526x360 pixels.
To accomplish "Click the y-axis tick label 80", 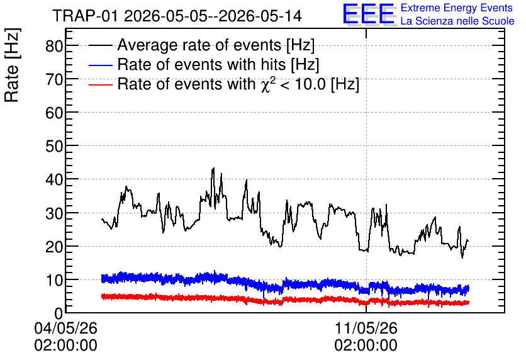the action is (x=54, y=46).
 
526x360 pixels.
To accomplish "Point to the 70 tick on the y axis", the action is (x=54, y=80).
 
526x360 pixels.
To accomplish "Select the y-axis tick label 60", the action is (x=54, y=113).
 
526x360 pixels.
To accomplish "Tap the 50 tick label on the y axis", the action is (x=54, y=147).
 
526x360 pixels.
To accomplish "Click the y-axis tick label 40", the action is (x=54, y=180).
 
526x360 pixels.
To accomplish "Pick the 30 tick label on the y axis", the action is (x=54, y=213).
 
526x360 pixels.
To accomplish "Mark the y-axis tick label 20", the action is (x=54, y=247).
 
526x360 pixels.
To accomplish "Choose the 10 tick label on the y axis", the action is (x=54, y=280).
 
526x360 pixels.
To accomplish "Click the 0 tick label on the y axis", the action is (x=59, y=313).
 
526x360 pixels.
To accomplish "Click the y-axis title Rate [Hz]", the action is (x=12, y=65).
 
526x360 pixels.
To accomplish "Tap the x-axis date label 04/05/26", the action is (x=65, y=328).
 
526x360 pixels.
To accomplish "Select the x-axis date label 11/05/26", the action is (x=366, y=328).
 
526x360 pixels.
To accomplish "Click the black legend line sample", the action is (x=100, y=45).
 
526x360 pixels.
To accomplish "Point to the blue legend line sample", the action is (x=100, y=65).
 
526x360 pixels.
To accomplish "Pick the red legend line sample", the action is (x=100, y=84).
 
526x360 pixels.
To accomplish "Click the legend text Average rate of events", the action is (x=199, y=45).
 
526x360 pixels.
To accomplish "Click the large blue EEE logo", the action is (x=369, y=14).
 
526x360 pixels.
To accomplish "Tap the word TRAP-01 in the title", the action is (x=86, y=16).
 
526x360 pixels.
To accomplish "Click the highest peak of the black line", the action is (x=213, y=169).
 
